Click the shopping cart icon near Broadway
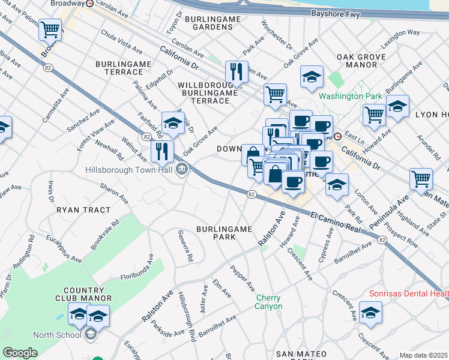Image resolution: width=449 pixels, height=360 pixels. tap(50, 29)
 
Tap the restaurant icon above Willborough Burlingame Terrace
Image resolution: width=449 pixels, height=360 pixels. tap(237, 72)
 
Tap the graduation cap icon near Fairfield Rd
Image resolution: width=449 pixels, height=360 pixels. tap(173, 122)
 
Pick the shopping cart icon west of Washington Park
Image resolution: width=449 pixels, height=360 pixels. tap(275, 94)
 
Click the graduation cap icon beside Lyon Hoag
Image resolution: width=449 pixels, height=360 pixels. tap(397, 106)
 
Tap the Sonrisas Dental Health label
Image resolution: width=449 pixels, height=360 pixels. tap(408, 293)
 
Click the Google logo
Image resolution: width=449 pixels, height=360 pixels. tap(20, 353)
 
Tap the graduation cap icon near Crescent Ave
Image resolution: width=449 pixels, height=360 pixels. tap(370, 313)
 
